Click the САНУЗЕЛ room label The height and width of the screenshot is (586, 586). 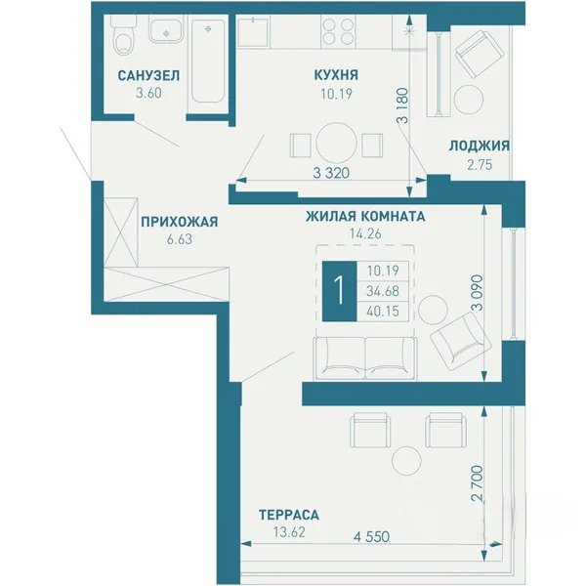[x=148, y=75]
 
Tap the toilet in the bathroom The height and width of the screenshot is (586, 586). [x=124, y=35]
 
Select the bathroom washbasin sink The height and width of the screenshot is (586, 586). [x=166, y=29]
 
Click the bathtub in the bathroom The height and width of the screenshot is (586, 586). [x=208, y=61]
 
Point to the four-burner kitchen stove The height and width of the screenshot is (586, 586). [x=338, y=32]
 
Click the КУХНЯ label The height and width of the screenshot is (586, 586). [x=336, y=75]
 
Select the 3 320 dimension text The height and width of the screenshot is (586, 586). [x=331, y=173]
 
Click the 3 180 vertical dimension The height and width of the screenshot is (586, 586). [x=403, y=105]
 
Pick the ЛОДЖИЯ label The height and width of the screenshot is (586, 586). [x=480, y=146]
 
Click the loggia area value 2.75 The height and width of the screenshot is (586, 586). [x=480, y=165]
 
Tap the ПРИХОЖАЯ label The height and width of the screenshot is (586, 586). [x=180, y=222]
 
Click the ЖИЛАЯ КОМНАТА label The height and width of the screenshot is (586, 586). [x=365, y=217]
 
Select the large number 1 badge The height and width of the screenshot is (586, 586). [x=339, y=291]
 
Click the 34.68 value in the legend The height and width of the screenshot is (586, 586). [x=383, y=291]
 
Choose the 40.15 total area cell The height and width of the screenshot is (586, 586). [x=383, y=311]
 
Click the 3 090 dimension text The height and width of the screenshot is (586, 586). [x=478, y=293]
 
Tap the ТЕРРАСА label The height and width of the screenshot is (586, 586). [x=289, y=515]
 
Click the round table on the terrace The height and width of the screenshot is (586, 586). [x=406, y=460]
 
